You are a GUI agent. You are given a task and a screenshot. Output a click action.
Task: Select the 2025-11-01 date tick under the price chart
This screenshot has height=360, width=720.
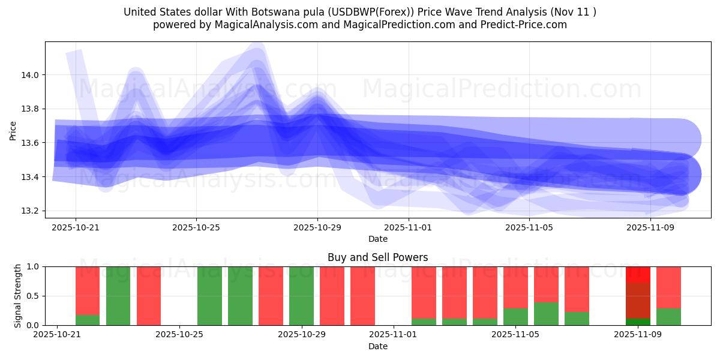click(408, 227)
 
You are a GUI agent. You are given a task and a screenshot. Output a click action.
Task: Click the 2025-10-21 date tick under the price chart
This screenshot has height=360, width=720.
click(75, 227)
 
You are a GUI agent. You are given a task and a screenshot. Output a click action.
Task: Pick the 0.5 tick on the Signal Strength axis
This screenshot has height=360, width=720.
click(31, 296)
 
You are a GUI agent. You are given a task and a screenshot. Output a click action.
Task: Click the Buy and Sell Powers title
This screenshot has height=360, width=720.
click(377, 257)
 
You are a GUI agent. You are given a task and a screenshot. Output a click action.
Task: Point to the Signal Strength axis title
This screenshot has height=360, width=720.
click(18, 295)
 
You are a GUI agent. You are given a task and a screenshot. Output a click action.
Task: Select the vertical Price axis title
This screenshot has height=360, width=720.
click(13, 130)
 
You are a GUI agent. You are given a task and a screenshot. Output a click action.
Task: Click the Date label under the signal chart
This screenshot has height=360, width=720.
click(377, 346)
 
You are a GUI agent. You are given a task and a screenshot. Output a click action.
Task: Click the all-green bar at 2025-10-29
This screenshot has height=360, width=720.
click(301, 296)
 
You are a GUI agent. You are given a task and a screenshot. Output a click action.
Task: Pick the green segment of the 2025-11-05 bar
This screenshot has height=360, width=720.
click(515, 317)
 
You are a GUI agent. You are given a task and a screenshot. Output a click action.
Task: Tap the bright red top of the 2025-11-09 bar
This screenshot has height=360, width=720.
click(638, 274)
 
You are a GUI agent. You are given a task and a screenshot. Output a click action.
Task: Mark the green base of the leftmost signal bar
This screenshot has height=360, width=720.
click(88, 320)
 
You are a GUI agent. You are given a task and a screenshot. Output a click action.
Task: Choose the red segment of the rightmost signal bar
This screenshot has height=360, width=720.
click(668, 287)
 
